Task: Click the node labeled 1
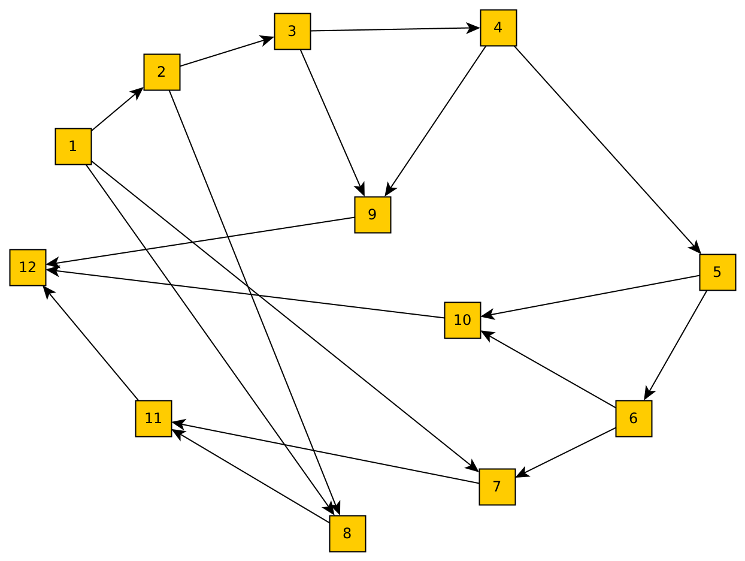point(73,146)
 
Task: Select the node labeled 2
point(162,72)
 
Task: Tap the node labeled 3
point(292,31)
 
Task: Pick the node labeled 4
point(498,28)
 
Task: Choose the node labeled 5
point(717,272)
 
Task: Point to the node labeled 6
point(634,418)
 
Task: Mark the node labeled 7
point(497,487)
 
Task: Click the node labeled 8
point(347,533)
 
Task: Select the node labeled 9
point(372,215)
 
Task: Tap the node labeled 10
point(462,320)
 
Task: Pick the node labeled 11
point(153,418)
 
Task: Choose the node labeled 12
point(28,267)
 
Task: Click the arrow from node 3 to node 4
point(395,29)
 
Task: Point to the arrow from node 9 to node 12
point(201,240)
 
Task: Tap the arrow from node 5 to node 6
point(676,345)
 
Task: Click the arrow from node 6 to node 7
point(566,453)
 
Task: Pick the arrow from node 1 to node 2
point(117,109)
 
